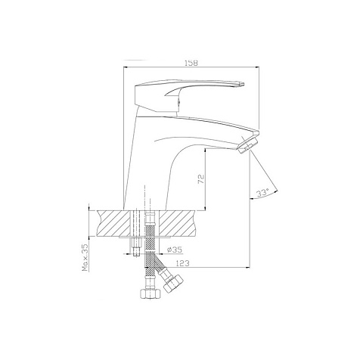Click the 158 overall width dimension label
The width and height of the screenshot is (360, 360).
point(191,63)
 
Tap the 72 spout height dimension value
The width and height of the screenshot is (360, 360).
point(201,178)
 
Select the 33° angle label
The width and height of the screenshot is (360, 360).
point(262,193)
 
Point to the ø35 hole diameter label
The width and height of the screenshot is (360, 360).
point(175,250)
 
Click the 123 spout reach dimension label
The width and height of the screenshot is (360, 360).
point(182,263)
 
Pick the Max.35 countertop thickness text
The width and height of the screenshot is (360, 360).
point(86,257)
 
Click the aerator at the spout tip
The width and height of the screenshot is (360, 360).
point(247,144)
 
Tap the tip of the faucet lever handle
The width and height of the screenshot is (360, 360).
point(243,84)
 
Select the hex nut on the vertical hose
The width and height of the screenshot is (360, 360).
point(151,293)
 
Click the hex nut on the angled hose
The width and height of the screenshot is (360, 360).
point(173,283)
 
